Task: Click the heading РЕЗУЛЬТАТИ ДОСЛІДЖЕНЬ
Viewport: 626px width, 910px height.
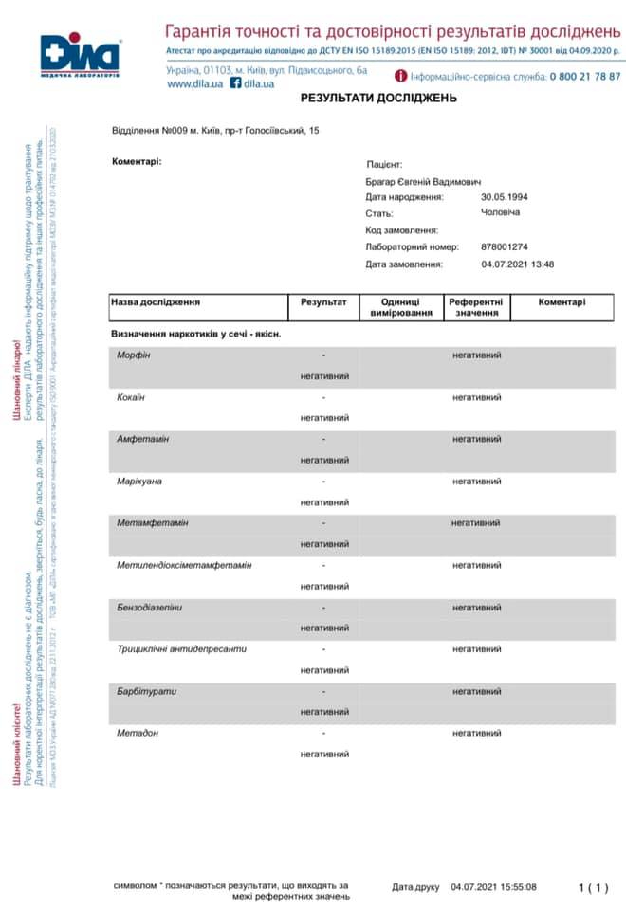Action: click(365, 98)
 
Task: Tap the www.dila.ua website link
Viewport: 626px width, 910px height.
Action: click(195, 83)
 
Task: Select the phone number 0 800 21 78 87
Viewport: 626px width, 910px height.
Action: click(585, 76)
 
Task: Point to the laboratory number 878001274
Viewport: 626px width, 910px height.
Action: click(505, 246)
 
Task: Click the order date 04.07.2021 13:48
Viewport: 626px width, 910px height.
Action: click(517, 264)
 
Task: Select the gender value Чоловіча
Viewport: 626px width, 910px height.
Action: click(501, 212)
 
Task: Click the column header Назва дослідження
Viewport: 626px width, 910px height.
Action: click(156, 302)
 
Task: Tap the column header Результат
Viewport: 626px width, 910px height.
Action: click(323, 302)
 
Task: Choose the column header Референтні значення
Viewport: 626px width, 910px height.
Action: click(476, 307)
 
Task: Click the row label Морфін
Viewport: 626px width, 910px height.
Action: click(133, 355)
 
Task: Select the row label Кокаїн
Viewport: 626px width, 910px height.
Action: click(131, 397)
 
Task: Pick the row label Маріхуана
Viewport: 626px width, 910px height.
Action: click(139, 482)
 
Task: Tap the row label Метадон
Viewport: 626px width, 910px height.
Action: click(138, 733)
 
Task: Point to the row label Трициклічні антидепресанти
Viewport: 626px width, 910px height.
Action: click(181, 649)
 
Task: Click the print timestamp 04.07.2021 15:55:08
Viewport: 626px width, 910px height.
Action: click(493, 887)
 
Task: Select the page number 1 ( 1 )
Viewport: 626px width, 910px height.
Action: click(593, 887)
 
